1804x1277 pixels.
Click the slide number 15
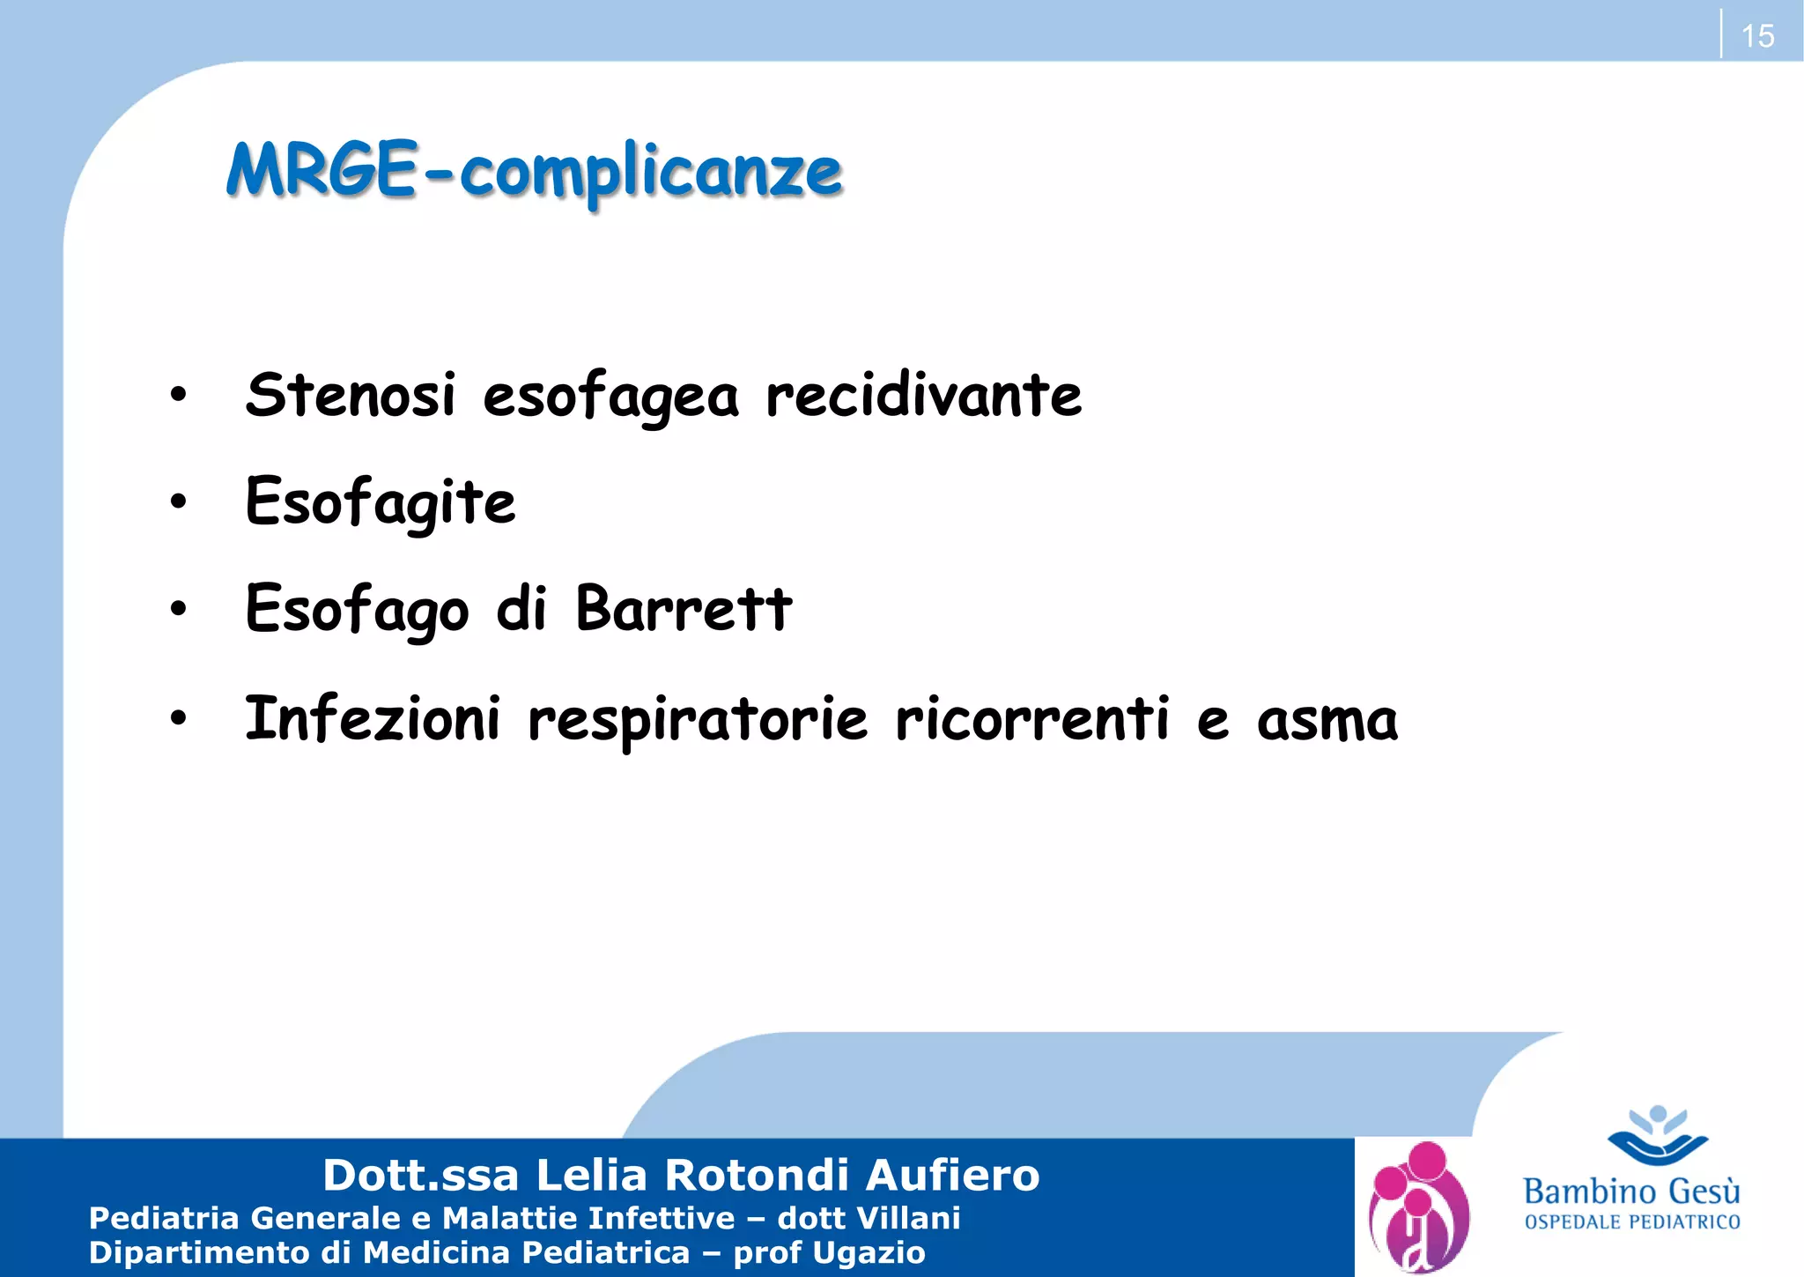coord(1757,36)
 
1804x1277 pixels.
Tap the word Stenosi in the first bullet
coord(351,395)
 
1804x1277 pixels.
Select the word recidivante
coord(923,395)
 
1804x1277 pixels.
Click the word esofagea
coord(610,397)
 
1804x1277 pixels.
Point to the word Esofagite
coord(381,502)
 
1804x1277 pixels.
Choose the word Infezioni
coord(373,718)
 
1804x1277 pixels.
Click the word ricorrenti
coord(1032,718)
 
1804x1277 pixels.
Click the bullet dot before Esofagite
coord(179,502)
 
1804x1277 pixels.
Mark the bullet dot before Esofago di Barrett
coord(179,608)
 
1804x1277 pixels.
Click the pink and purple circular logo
coord(1418,1207)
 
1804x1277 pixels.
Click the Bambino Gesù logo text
coord(1631,1192)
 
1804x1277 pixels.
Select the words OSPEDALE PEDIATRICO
coord(1632,1222)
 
